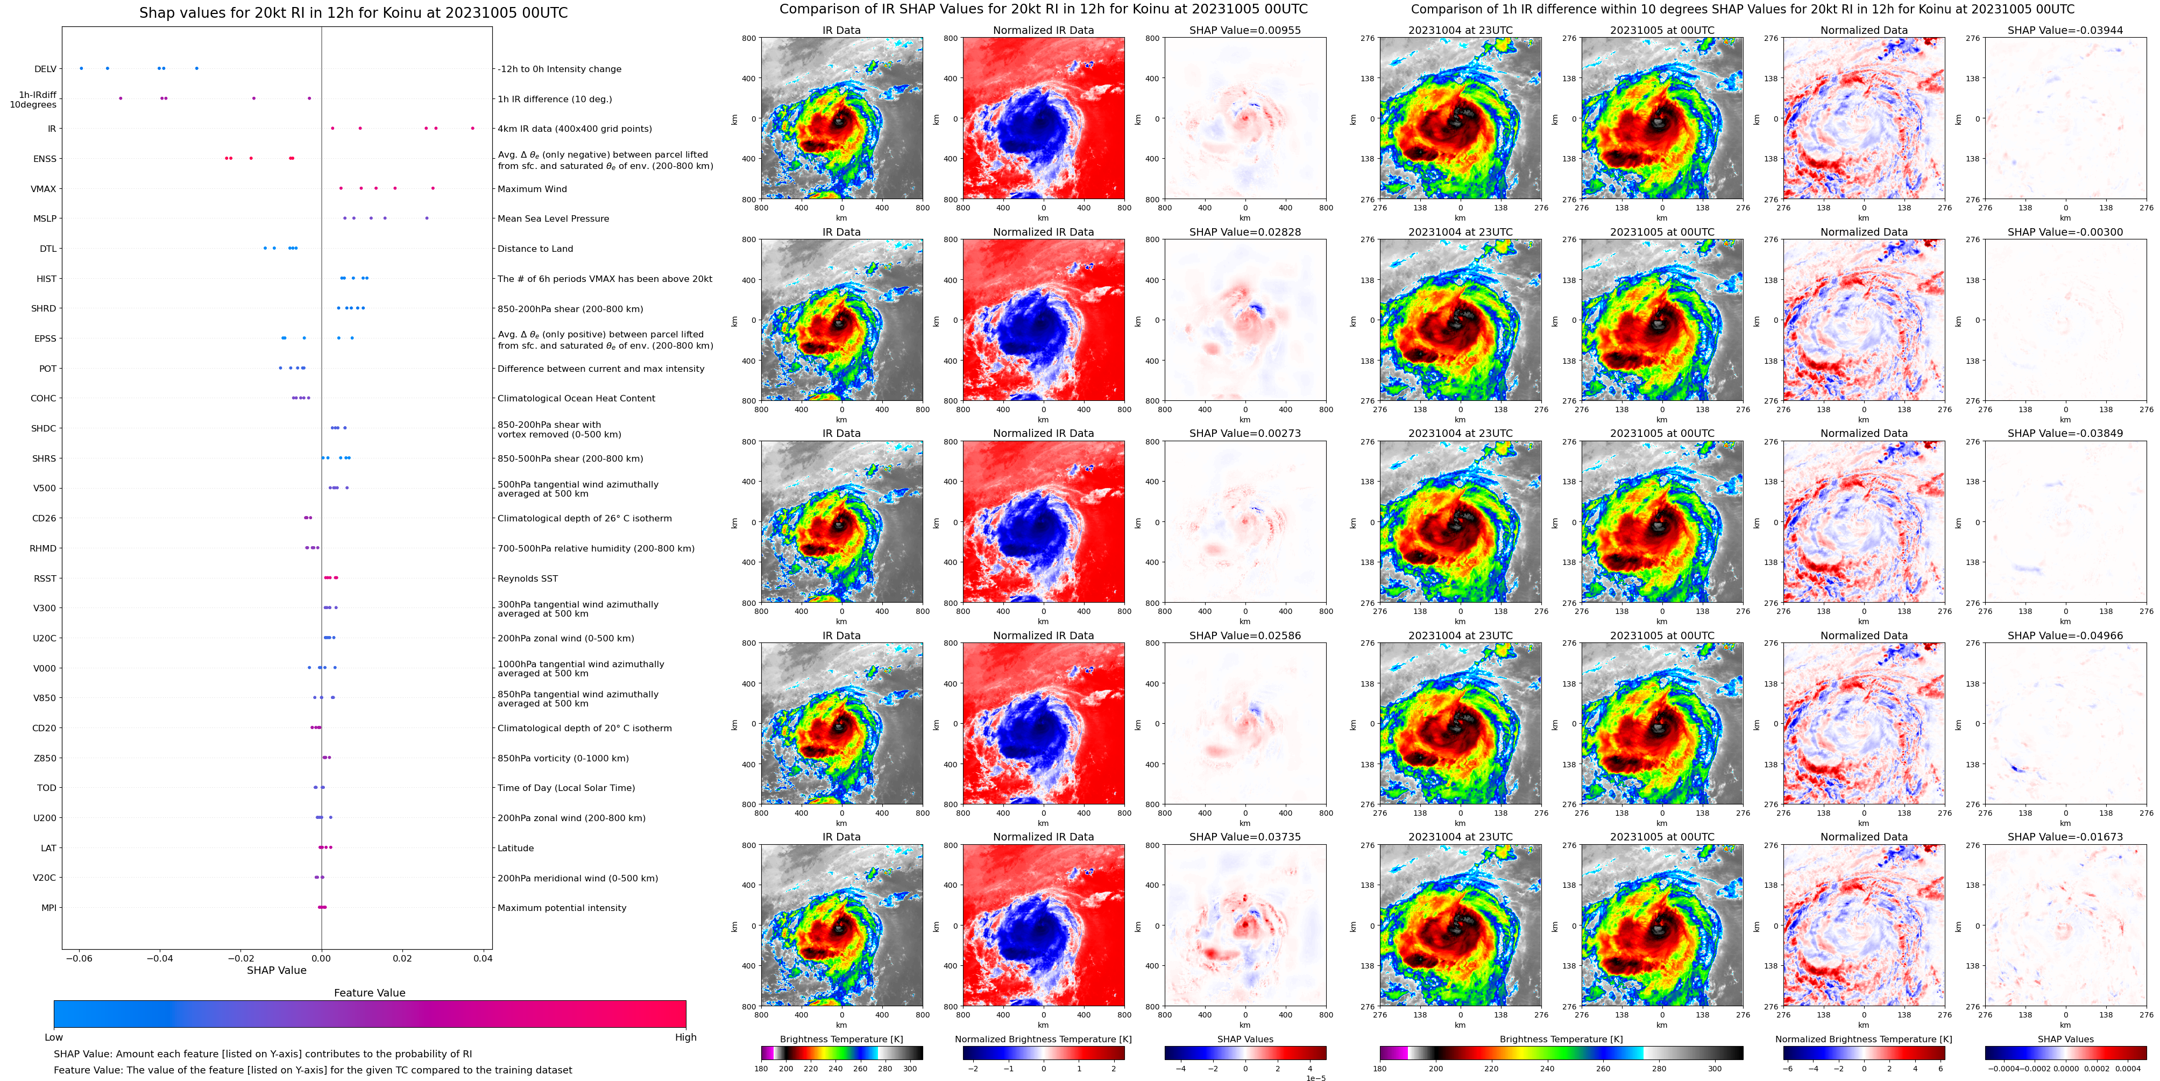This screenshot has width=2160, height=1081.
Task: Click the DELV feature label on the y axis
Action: click(x=45, y=69)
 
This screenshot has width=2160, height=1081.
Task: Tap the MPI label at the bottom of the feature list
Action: click(x=48, y=907)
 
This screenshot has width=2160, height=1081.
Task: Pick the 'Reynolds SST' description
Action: click(x=527, y=578)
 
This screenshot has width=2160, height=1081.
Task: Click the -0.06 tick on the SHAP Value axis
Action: click(x=80, y=958)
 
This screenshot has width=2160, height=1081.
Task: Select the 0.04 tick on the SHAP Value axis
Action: click(x=482, y=958)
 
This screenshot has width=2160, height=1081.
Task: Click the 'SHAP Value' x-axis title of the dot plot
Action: click(x=277, y=970)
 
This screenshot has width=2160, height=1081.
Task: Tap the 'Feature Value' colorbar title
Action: click(x=369, y=993)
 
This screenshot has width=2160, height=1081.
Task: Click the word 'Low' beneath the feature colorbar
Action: click(x=54, y=1037)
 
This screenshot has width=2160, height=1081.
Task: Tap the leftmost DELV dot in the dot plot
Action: click(x=81, y=68)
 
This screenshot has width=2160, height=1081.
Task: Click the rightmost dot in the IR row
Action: click(x=473, y=128)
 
